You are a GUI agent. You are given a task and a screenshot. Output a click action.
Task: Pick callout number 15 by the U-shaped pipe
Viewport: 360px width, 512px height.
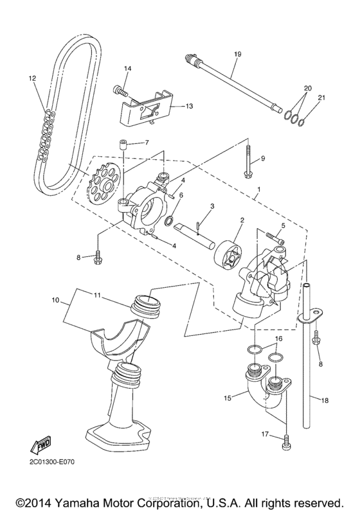(228, 398)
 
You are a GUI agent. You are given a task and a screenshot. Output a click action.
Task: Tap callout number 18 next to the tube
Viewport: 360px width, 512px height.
(325, 400)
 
